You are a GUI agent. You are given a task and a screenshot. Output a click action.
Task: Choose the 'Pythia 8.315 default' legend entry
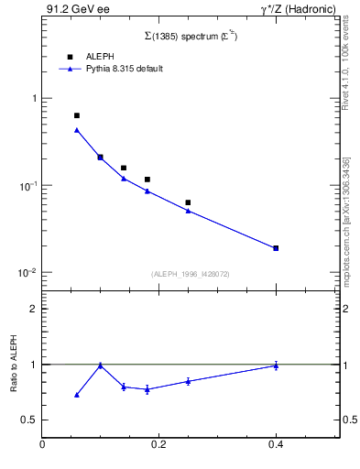(x=125, y=69)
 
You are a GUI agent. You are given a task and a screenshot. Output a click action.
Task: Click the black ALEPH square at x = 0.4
(x=276, y=248)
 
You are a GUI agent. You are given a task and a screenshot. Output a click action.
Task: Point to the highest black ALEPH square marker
(x=77, y=115)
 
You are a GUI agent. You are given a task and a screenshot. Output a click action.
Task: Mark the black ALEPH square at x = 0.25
(x=188, y=202)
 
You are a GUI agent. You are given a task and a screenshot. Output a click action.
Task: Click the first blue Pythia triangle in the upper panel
(x=77, y=130)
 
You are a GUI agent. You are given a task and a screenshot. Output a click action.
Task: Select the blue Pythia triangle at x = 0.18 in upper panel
(x=147, y=191)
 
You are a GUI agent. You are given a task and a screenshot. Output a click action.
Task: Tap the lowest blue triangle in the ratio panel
(x=77, y=395)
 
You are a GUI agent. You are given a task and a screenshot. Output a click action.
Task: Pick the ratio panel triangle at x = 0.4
(x=276, y=365)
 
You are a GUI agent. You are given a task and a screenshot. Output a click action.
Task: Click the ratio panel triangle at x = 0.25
(x=188, y=381)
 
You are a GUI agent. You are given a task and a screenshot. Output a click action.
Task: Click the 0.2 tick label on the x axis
(x=158, y=445)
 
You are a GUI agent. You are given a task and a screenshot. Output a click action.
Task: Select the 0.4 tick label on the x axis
(x=276, y=445)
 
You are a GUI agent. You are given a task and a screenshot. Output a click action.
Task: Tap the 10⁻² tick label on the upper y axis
(x=28, y=273)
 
